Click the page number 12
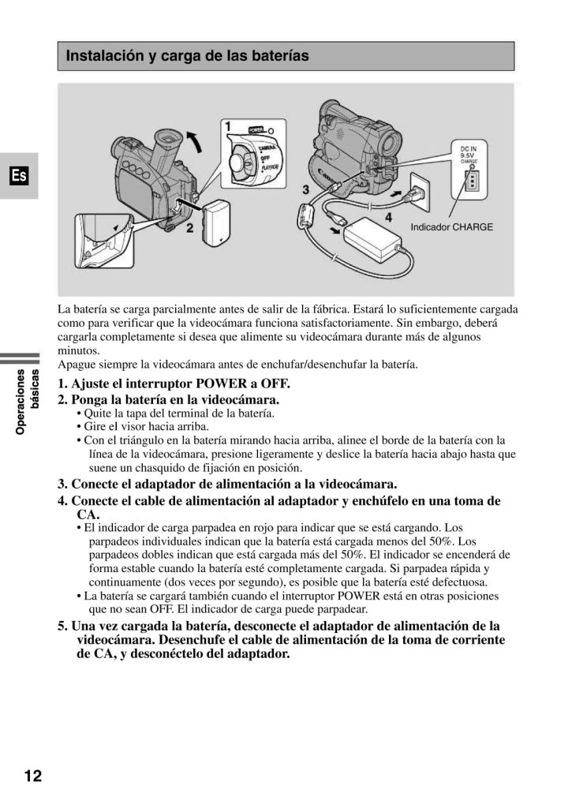pos(32,774)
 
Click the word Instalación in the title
pos(102,56)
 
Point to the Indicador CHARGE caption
pos(451,227)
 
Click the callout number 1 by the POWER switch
pos(227,126)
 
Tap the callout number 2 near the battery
pos(190,229)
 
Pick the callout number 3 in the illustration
pos(306,189)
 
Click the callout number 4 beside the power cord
pos(387,215)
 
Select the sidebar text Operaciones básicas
pos(28,402)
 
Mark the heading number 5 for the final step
pos(62,626)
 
